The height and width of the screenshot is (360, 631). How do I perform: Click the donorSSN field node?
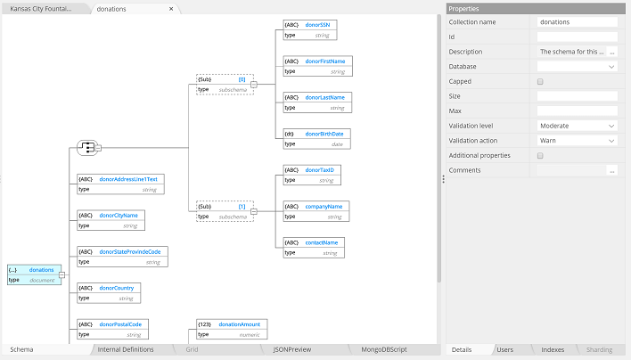click(x=309, y=30)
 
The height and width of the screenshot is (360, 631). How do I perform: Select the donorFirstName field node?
click(x=317, y=67)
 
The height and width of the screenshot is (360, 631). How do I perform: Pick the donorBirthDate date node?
click(x=317, y=139)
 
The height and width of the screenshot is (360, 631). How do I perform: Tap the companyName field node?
click(x=317, y=211)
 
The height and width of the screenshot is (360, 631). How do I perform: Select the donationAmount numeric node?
click(x=232, y=329)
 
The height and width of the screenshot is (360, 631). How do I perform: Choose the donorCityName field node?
click(x=111, y=220)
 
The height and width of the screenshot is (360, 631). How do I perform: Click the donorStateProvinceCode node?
click(x=121, y=257)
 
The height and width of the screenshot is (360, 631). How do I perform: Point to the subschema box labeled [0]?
click(x=224, y=84)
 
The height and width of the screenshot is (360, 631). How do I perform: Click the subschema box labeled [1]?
click(x=224, y=211)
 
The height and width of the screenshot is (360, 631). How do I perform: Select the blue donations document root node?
click(x=33, y=274)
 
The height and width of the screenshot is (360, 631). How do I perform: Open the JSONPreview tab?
click(x=293, y=349)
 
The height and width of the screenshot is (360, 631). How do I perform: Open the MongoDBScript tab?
click(x=384, y=349)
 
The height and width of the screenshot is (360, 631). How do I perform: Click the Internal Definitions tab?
click(x=126, y=349)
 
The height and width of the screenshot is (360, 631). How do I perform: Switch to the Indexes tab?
click(x=553, y=349)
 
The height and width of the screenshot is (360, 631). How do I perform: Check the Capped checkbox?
click(x=540, y=81)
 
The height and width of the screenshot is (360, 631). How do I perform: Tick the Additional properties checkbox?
click(x=540, y=155)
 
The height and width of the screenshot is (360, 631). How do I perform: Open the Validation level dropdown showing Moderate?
click(x=577, y=126)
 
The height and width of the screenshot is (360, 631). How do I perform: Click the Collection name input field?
click(x=577, y=21)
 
